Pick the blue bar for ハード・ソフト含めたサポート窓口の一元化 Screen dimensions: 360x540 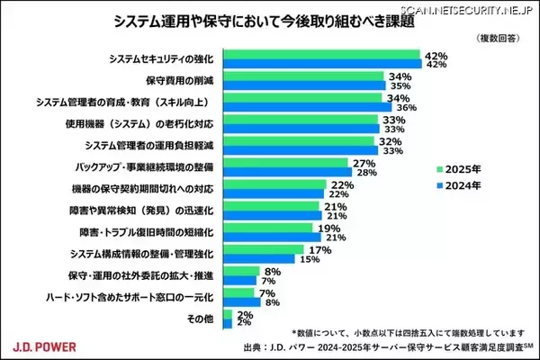pos(241,301)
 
